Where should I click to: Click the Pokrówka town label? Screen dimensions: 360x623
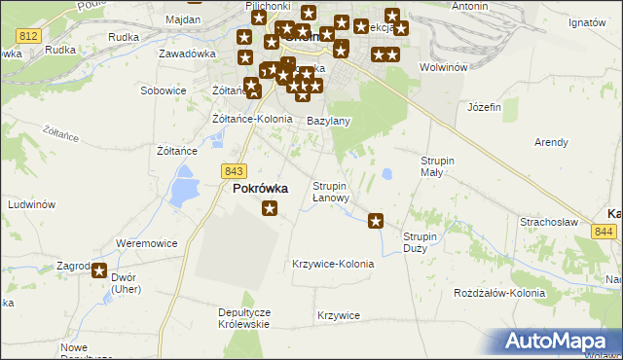260,189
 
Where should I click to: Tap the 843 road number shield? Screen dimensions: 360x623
233,170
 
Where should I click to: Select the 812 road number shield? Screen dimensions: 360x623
28,35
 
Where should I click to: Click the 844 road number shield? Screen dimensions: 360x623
604,232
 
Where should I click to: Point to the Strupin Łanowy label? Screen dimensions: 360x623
330,192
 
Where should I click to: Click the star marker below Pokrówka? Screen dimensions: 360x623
270,208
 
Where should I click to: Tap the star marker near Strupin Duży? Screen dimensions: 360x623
376,222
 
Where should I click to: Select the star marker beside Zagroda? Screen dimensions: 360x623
99,271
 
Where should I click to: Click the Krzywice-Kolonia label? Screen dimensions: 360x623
333,264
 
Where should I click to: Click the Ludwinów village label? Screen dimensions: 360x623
30,205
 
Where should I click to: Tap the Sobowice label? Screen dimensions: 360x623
163,90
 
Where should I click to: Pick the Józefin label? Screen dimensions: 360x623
484,106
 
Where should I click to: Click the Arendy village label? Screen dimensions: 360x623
551,142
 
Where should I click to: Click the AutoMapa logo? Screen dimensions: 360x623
558,341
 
